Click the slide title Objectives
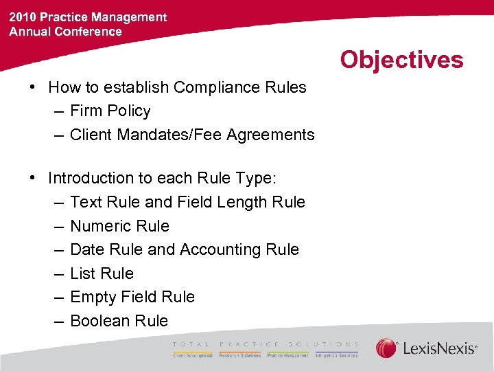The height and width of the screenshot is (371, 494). pos(401,60)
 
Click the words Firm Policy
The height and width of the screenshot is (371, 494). pos(110,111)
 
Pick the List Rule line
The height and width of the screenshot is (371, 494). pos(102,273)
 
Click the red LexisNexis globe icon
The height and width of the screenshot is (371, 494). pos(386,348)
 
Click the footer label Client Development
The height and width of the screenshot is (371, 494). pos(193,355)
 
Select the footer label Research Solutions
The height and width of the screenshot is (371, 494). pos(240,355)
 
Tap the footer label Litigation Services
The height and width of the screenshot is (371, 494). pos(336,355)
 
